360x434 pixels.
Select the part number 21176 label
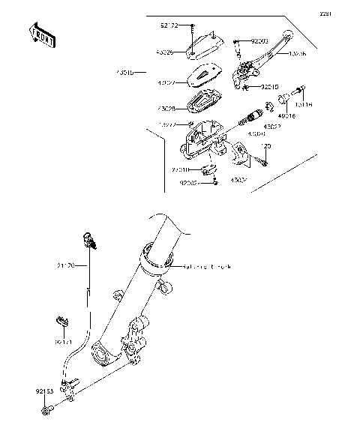65,265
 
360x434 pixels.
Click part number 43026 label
165,53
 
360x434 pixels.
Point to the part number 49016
286,117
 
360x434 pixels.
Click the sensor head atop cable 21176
91,240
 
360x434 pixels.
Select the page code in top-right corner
346,13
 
